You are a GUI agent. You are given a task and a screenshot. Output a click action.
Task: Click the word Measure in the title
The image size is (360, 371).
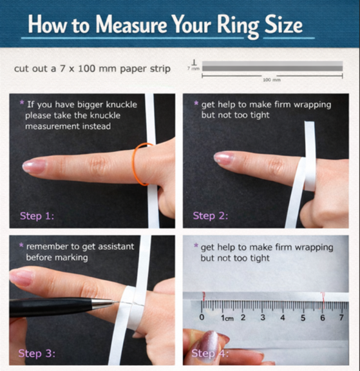[x=131, y=24]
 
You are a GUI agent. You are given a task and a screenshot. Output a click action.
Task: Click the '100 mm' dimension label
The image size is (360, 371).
[x=272, y=80]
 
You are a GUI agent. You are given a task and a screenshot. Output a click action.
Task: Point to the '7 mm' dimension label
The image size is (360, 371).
[x=193, y=69]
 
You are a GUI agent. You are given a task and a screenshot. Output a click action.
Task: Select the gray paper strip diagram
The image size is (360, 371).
[x=272, y=66]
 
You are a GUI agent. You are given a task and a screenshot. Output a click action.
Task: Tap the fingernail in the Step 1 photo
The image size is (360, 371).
[x=34, y=166]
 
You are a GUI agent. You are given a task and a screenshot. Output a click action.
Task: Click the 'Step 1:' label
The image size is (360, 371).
[x=37, y=216]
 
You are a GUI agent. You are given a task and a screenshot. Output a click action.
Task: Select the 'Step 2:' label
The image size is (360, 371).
[x=211, y=216]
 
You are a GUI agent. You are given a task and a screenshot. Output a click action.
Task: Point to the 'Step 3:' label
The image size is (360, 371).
[x=37, y=354]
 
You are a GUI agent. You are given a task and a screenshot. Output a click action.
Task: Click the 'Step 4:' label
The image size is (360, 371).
[x=210, y=354]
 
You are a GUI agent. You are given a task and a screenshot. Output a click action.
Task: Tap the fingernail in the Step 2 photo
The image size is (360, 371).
[x=223, y=158]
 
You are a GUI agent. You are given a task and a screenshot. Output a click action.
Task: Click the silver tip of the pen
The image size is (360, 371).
[x=104, y=303]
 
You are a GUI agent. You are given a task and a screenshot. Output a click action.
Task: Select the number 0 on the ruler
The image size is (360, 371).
[x=202, y=317]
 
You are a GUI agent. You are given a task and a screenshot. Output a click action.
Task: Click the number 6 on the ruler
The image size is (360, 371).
[x=323, y=318]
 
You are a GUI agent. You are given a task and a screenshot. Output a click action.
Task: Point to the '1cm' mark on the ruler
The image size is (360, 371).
[x=227, y=318]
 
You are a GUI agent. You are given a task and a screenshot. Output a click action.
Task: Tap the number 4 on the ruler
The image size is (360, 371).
[x=283, y=318]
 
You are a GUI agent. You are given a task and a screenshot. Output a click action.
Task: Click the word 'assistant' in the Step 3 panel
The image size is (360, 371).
[x=116, y=247]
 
